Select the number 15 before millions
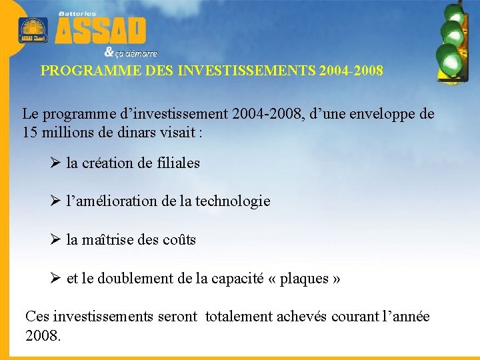[x=30, y=132]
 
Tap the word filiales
[x=177, y=163]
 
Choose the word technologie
[x=233, y=201]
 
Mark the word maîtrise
[x=108, y=239]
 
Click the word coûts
[x=179, y=239]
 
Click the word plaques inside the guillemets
[x=303, y=279]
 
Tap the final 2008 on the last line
[x=41, y=335]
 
